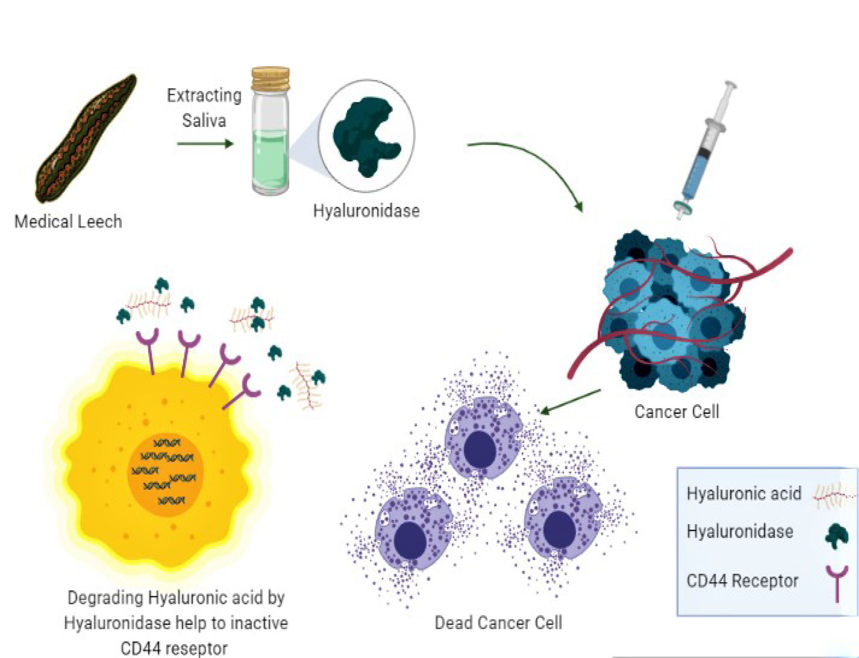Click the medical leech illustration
[x=85, y=139]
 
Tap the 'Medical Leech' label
[x=68, y=221]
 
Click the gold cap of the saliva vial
[x=270, y=78]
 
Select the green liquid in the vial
[x=270, y=159]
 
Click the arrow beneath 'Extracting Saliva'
[x=205, y=144]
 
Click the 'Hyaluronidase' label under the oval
[x=366, y=211]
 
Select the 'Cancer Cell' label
[x=677, y=411]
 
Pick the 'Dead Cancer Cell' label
[x=498, y=623]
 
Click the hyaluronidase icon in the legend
[x=836, y=535]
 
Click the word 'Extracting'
[x=204, y=96]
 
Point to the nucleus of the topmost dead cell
[x=480, y=450]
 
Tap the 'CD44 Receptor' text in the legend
[x=742, y=581]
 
